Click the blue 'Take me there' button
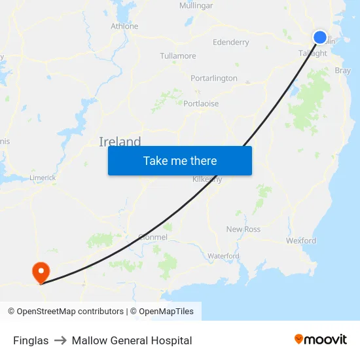179,161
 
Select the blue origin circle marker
320,37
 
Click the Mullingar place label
196,6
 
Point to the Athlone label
124,26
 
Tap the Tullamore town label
178,56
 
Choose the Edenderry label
231,43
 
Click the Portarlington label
214,79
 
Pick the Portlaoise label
201,104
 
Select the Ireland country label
120,142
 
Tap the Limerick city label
43,177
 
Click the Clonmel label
153,237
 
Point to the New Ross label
243,229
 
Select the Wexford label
300,241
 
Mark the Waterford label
223,256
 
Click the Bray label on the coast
342,71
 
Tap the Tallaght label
312,54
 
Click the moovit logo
321,340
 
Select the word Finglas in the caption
31,340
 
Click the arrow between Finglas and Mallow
60,340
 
